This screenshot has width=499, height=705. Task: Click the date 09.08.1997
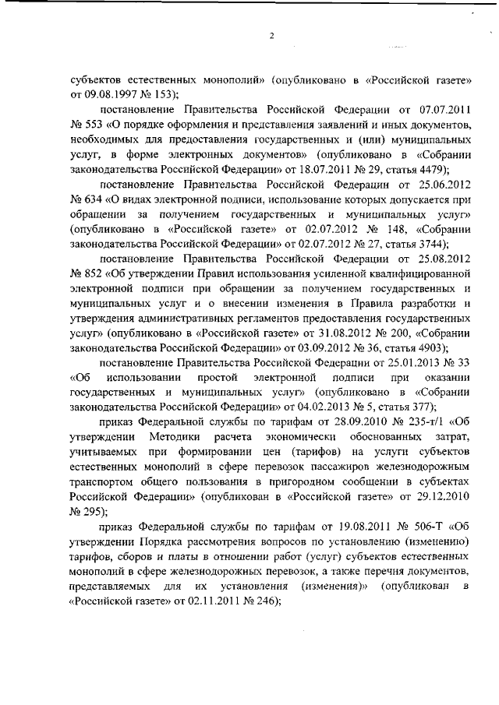[x=106, y=94]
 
